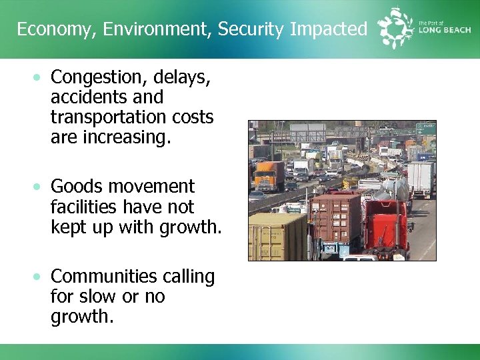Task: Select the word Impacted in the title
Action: tap(329, 29)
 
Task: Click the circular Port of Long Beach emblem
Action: tap(395, 28)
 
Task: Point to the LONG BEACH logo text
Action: tap(444, 31)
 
